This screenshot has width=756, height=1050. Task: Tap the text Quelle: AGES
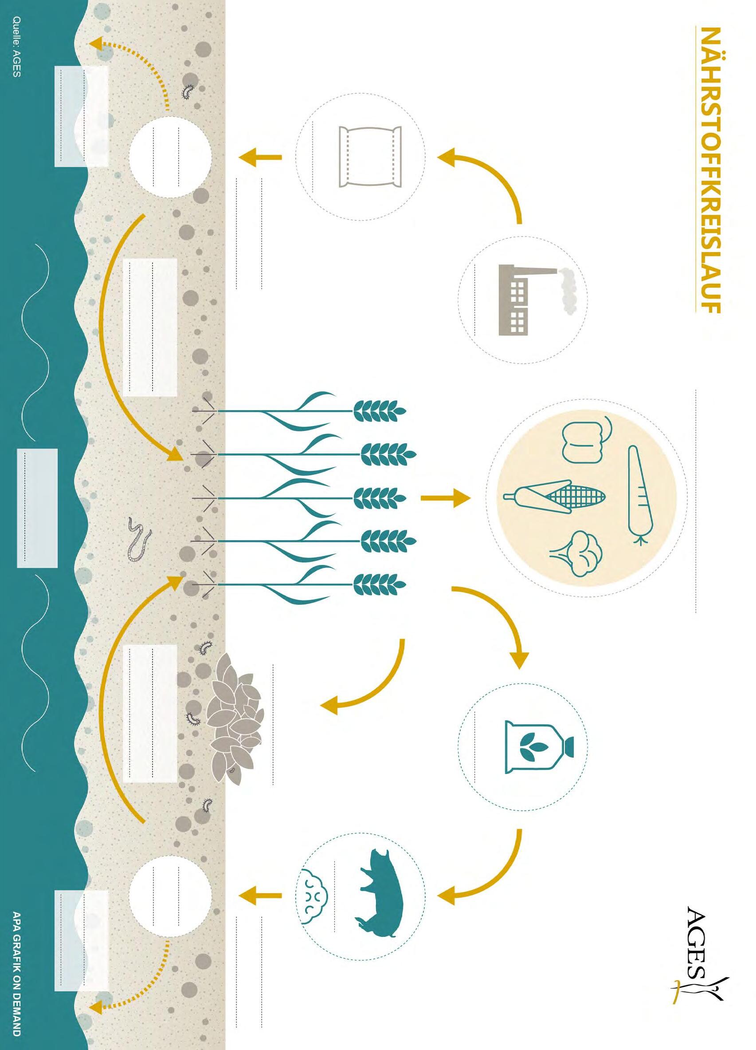click(17, 46)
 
